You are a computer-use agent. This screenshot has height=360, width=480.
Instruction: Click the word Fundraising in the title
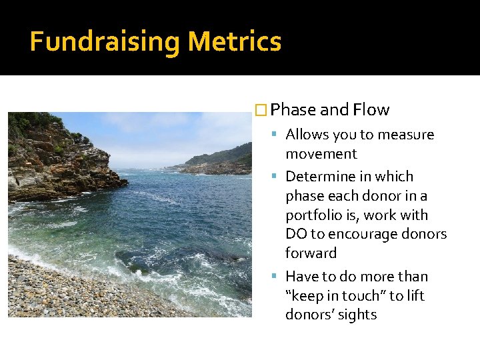click(x=105, y=41)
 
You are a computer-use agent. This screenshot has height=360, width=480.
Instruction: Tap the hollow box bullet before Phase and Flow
click(x=262, y=110)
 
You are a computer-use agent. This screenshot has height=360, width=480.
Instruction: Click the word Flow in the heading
click(x=371, y=110)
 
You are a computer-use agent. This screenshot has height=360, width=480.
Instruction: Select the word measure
click(x=405, y=135)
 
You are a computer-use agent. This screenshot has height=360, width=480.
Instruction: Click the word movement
click(x=321, y=154)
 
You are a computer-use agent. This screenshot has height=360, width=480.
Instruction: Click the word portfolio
click(x=316, y=215)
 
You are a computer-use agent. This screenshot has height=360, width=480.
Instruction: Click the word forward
click(x=311, y=253)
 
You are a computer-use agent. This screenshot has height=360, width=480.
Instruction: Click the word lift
click(x=415, y=295)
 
